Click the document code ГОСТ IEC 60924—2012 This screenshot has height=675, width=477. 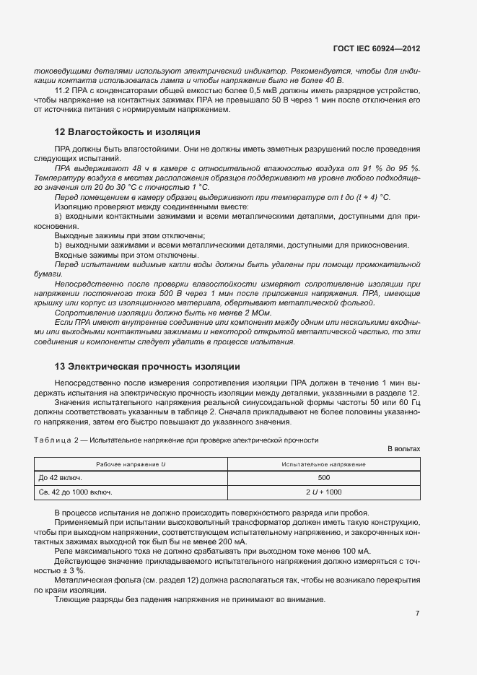376,48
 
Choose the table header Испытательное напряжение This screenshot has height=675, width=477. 323,464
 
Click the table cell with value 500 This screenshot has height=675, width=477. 323,477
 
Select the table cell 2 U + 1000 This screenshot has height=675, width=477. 323,492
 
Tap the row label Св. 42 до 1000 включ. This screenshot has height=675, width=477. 75,492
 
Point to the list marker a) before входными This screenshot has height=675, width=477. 58,216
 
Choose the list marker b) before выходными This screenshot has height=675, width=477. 58,245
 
